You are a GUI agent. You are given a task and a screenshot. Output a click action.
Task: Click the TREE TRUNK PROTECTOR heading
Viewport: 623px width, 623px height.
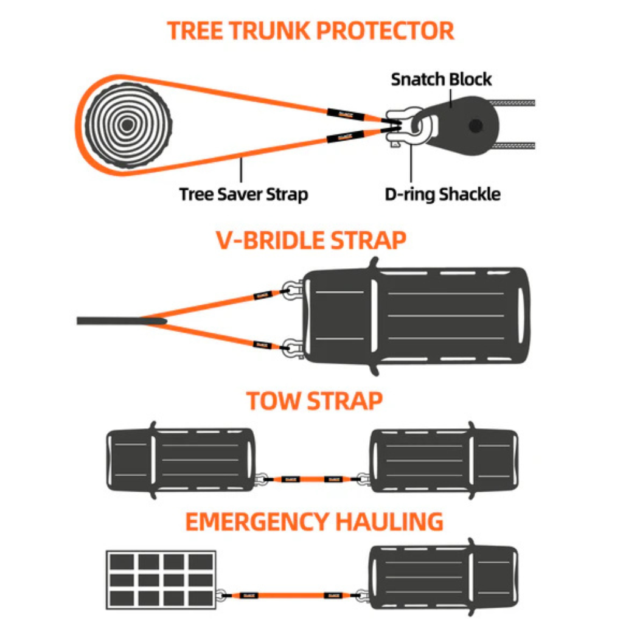pos(311,30)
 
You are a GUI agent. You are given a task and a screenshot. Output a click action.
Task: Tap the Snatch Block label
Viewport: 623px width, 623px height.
pos(441,79)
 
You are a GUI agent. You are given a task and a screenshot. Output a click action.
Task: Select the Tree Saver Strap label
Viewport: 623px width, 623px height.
pos(243,194)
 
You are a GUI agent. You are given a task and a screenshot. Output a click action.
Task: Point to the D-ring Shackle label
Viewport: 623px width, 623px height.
pos(442,194)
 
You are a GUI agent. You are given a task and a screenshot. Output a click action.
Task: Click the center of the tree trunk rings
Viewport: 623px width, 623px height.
pos(127,125)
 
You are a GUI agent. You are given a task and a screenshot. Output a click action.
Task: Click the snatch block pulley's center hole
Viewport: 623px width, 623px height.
pos(476,126)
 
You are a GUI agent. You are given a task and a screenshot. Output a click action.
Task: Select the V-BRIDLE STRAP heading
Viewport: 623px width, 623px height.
pos(311,241)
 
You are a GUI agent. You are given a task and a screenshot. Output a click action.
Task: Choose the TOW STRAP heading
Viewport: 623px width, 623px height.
pos(314,402)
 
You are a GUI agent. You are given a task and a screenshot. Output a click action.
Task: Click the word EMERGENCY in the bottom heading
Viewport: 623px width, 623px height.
pos(257,522)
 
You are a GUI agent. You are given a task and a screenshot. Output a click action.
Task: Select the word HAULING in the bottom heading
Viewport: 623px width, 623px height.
pos(390,522)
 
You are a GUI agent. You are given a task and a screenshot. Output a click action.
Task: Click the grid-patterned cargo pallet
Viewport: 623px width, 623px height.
pos(161,579)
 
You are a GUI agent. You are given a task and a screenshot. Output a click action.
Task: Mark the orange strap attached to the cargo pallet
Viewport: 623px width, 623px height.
pos(292,595)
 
